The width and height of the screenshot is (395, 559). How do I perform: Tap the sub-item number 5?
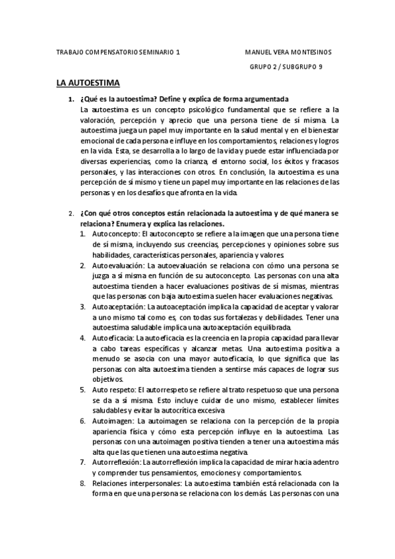(x=82, y=390)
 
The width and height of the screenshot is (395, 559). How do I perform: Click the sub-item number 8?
(x=82, y=483)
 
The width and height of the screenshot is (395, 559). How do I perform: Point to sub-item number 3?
(x=82, y=307)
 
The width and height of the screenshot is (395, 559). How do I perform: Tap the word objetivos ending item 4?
(x=107, y=379)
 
